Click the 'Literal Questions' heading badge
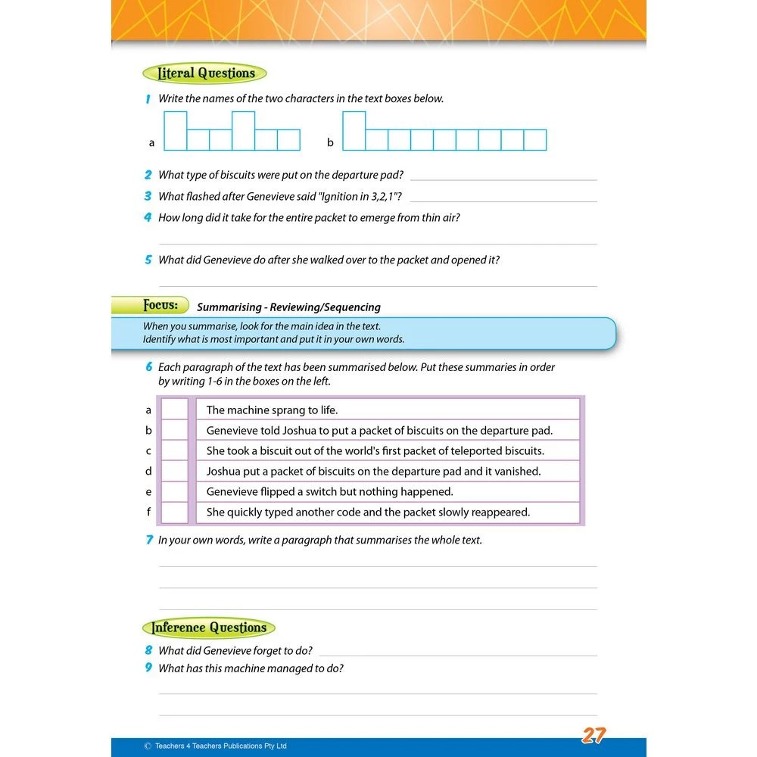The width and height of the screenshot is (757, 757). [204, 73]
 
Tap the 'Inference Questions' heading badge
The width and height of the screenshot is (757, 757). [209, 628]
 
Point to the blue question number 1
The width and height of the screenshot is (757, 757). [148, 98]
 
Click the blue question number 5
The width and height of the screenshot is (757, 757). [148, 260]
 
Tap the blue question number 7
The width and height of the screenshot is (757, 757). [148, 540]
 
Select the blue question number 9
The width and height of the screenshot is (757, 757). [148, 668]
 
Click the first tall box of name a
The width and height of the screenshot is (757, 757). [176, 131]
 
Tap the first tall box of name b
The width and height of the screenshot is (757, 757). [354, 131]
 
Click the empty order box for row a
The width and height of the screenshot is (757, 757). [175, 410]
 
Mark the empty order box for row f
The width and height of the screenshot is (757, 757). [175, 512]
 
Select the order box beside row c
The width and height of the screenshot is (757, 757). [175, 450]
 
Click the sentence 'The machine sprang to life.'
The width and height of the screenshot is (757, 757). [272, 410]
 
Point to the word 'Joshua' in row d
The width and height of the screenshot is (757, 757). [224, 471]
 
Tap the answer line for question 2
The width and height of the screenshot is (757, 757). [503, 179]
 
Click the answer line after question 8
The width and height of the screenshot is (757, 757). [458, 654]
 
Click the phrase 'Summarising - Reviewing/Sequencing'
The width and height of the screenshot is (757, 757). [288, 307]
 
